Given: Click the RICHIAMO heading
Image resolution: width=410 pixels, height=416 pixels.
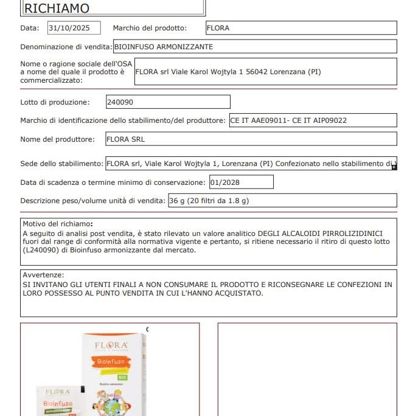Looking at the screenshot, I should [56, 8].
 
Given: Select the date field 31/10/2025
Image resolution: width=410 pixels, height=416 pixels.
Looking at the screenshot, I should [74, 28].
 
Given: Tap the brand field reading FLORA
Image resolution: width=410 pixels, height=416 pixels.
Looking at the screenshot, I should [301, 28].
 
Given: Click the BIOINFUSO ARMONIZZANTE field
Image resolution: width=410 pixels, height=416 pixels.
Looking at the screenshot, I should [254, 47].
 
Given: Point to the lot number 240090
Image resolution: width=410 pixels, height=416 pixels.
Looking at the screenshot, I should [168, 102].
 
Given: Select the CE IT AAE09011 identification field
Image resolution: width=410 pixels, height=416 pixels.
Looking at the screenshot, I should [313, 120].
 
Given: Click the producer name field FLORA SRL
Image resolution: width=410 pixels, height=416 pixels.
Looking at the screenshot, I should [251, 139].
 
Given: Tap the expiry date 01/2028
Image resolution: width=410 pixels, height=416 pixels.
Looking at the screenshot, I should [241, 182].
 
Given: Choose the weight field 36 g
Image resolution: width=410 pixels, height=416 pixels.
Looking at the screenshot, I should [282, 201].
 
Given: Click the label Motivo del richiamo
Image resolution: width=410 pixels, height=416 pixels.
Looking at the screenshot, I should [57, 224].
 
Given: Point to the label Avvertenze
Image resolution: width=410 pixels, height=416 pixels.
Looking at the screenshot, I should [43, 275].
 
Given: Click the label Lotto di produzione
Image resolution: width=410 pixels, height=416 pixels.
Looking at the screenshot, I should [55, 102].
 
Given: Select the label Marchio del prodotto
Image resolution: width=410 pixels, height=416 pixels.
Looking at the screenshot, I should [150, 28].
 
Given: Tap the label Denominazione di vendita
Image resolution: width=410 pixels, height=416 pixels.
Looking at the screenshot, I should [66, 47].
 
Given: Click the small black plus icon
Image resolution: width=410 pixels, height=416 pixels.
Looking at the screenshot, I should [394, 167].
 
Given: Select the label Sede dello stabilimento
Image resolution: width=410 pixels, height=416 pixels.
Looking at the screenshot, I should [61, 164].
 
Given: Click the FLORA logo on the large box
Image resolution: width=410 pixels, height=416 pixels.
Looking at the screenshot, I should [111, 346].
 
